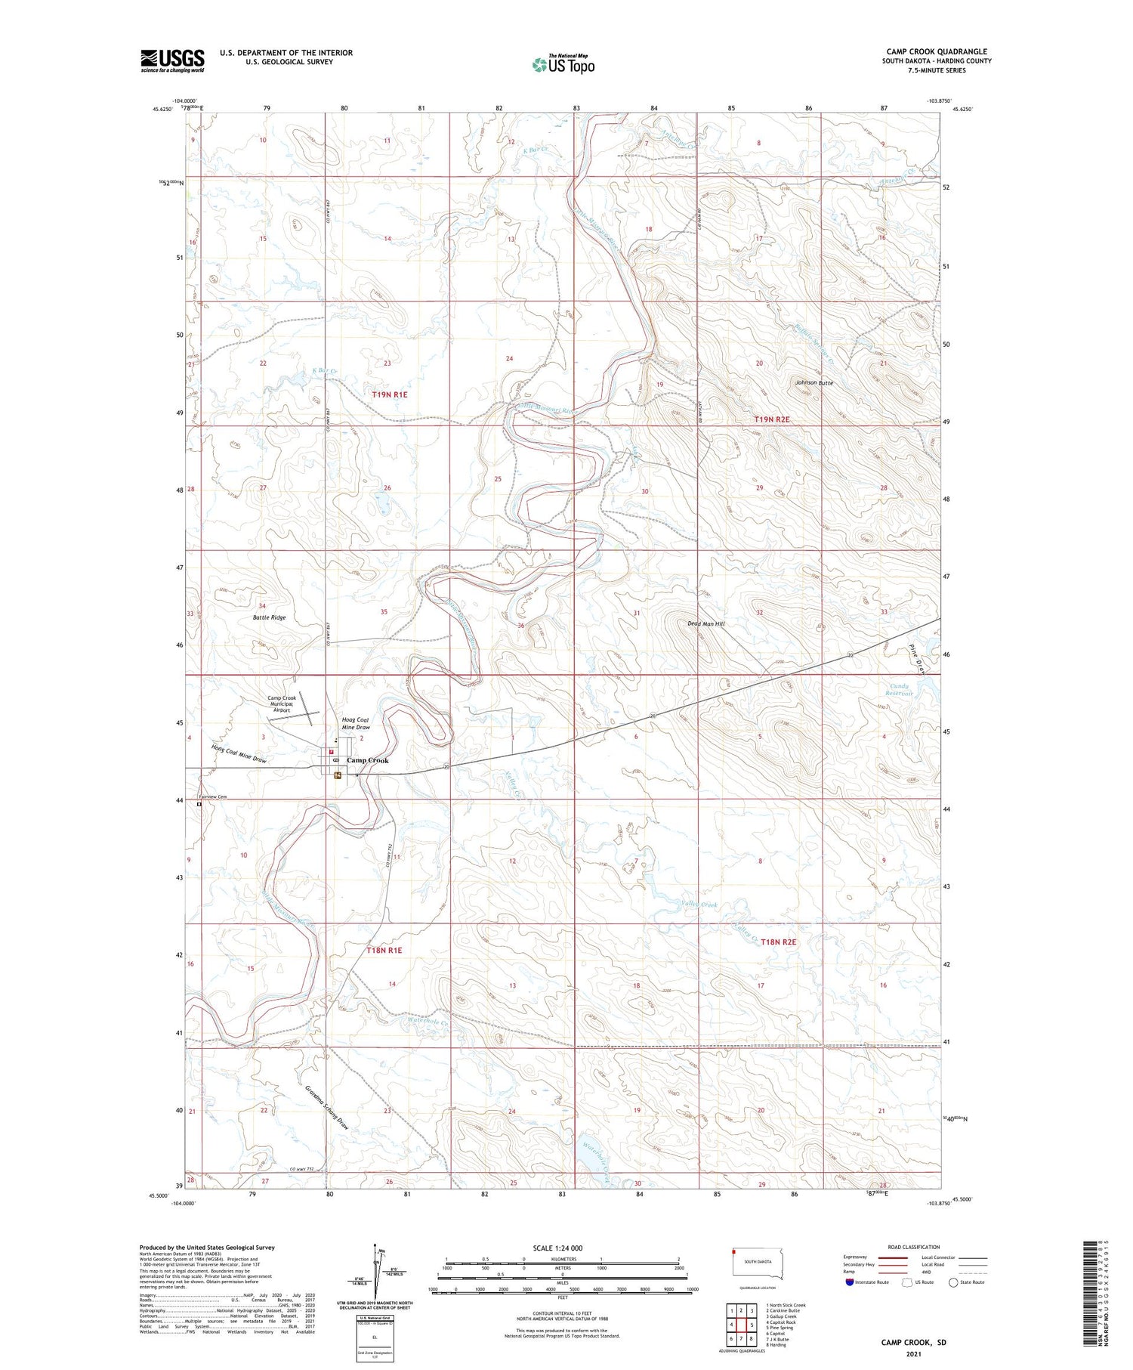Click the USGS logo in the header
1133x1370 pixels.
coord(172,60)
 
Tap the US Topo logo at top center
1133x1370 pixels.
coord(563,65)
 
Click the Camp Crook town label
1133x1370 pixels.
coord(368,760)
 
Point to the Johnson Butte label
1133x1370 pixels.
coord(813,383)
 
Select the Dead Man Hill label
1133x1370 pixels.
coord(705,623)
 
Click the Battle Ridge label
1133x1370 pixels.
coord(269,617)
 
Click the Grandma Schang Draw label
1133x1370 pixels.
coord(327,1108)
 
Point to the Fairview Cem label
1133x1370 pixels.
coord(213,797)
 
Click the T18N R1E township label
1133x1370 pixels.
coord(384,950)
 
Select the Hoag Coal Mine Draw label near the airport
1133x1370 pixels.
coord(357,723)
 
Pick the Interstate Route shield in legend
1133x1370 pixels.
coord(851,1282)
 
